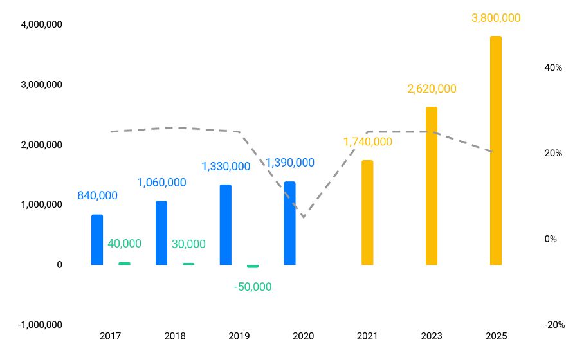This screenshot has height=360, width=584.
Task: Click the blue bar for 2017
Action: point(97,239)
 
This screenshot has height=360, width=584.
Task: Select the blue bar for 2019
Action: point(225,225)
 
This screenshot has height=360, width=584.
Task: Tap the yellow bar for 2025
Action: point(495,150)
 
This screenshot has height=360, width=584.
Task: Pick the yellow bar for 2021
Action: point(367,212)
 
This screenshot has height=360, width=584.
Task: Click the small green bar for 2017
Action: point(124,263)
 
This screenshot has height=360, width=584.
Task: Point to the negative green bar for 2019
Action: point(253,266)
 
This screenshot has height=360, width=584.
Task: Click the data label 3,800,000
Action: point(496,18)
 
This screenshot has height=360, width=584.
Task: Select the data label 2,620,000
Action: point(432,89)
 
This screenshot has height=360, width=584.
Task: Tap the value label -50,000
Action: point(253,287)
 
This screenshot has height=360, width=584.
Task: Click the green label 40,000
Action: point(124,244)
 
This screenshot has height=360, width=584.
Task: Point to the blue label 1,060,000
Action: point(161,183)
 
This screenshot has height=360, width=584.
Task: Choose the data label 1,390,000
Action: point(290,163)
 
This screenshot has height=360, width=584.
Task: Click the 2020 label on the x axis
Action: point(303,336)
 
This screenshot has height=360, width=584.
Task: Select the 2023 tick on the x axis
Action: point(432,336)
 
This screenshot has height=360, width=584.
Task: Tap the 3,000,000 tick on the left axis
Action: point(41,84)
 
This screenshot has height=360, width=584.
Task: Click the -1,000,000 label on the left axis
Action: point(40,325)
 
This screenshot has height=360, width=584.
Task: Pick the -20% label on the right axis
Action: point(554,325)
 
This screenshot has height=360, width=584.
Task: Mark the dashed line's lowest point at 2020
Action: point(303,217)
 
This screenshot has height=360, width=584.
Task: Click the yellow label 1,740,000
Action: point(367,141)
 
